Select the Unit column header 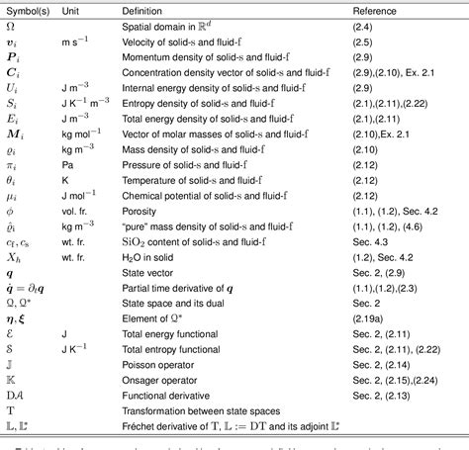pyautogui.click(x=75, y=8)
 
